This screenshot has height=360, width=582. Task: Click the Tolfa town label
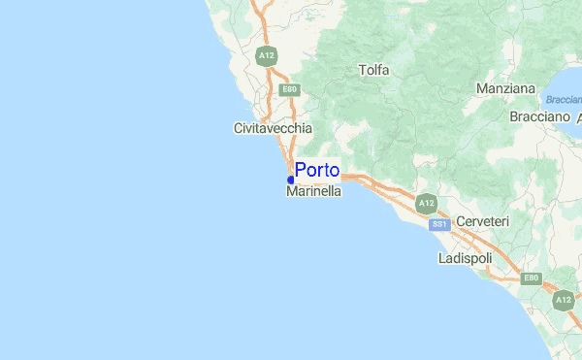point(373,70)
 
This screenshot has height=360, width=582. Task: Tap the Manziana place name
point(506,89)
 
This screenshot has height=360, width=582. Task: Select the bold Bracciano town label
point(538,116)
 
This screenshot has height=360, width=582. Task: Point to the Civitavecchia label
point(273,128)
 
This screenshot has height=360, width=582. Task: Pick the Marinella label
point(314,192)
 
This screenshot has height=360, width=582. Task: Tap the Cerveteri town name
point(482,222)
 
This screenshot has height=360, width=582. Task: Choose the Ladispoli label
point(465,259)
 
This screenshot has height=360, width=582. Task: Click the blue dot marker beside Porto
point(291,180)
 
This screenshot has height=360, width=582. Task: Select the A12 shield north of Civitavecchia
point(267,56)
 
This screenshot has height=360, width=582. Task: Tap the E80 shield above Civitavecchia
point(288,89)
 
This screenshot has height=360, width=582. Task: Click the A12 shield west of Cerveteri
point(425,204)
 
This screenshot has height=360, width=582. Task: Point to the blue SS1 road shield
point(439,224)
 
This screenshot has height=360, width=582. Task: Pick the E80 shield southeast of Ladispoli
point(531,278)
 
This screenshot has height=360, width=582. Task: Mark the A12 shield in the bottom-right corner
point(565,301)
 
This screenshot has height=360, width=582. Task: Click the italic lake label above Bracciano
point(564,100)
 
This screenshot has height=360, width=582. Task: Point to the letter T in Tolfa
point(362,70)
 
